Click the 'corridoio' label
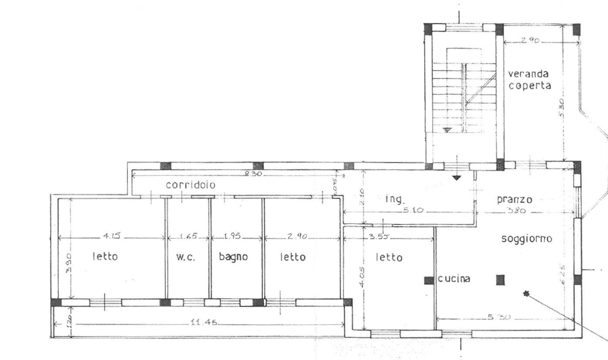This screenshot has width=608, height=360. pyautogui.click(x=190, y=185)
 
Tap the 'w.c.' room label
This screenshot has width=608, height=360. pyautogui.click(x=185, y=257)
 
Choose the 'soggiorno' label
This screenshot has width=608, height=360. pyautogui.click(x=527, y=239)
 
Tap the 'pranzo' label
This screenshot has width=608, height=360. pyautogui.click(x=515, y=199)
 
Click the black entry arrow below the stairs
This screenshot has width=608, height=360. pyautogui.click(x=456, y=177)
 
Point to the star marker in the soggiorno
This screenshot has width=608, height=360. pyautogui.click(x=525, y=293)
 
